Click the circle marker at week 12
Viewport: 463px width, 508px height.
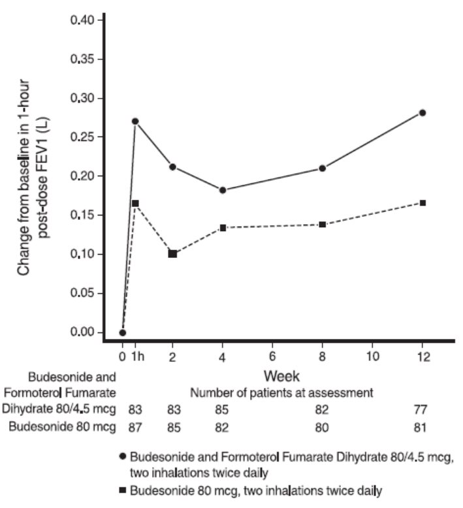423,113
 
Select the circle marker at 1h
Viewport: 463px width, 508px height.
135,121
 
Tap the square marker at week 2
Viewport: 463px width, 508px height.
172,253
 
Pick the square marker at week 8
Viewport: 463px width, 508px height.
323,225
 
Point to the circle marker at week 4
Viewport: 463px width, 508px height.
223,190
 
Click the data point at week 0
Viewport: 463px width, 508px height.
123,332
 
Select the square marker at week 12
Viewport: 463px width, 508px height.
423,203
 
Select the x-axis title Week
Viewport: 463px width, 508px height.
282,376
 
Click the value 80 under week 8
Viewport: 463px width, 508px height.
323,428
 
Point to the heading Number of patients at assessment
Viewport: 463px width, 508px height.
281,393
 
